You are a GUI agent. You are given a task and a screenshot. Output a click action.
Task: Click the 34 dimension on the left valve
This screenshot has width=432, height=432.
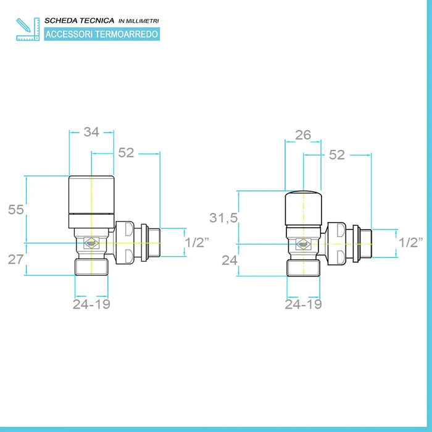tap(91, 132)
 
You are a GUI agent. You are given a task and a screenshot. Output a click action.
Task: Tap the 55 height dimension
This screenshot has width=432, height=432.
tap(16, 210)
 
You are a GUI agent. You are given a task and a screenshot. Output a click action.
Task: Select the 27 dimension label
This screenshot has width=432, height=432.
tap(15, 260)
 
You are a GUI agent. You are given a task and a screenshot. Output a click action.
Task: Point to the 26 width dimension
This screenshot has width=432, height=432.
tap(303, 135)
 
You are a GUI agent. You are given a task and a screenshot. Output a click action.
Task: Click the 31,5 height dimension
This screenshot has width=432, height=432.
tap(223, 218)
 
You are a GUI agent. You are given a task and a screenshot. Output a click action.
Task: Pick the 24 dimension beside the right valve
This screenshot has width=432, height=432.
tap(230, 260)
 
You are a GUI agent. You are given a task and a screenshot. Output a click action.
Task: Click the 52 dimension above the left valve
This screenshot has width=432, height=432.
tap(126, 152)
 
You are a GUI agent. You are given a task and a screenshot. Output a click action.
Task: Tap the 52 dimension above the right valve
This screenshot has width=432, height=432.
tap(337, 155)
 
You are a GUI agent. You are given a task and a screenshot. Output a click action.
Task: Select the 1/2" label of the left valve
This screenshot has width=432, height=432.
tap(197, 243)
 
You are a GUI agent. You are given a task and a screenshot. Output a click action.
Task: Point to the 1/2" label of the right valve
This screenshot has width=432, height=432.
tap(411, 243)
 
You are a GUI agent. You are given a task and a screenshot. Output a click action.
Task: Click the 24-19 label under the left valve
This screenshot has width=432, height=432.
tap(91, 304)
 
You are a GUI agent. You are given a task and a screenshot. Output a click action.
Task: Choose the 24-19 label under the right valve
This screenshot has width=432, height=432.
tap(304, 304)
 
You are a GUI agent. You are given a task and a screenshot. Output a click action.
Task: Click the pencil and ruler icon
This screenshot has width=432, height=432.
tap(28, 29)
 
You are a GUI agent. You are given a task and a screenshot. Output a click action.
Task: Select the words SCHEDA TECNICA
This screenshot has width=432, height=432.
tap(80, 20)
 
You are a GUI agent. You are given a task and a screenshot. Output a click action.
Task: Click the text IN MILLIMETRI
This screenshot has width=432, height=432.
tap(139, 21)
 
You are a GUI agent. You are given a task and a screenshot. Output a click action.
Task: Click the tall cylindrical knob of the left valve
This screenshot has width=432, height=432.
tap(91, 202)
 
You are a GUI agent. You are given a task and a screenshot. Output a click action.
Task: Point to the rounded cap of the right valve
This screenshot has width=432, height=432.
tap(304, 208)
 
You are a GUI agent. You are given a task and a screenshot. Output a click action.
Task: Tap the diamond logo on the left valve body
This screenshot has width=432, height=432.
tap(91, 243)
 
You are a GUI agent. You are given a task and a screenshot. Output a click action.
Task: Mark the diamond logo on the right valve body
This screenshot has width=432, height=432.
tap(304, 244)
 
